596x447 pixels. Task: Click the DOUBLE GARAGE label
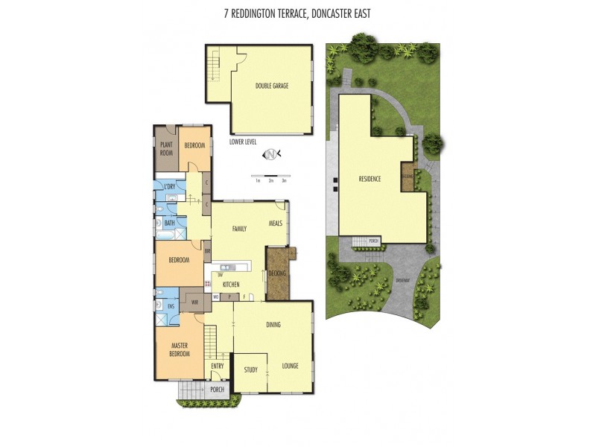click(x=271, y=86)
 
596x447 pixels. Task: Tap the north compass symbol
click(x=272, y=154)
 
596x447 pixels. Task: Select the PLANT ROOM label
click(x=165, y=149)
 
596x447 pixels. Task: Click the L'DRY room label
click(x=170, y=186)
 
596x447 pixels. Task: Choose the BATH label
click(x=170, y=223)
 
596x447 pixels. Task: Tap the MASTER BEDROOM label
click(x=179, y=349)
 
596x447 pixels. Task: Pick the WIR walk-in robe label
click(x=194, y=302)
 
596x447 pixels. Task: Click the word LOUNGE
click(x=291, y=366)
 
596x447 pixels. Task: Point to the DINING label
click(x=273, y=325)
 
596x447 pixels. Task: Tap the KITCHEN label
click(x=230, y=285)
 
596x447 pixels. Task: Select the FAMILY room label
click(x=239, y=229)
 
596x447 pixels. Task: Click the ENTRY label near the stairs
click(x=218, y=366)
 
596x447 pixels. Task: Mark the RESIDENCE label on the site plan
click(x=370, y=179)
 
